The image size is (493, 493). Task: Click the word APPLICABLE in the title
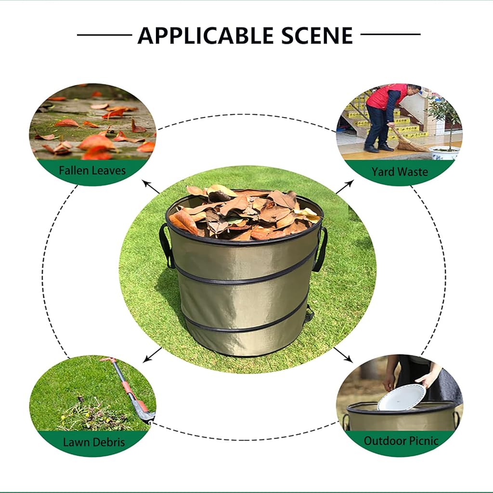(x=206, y=35)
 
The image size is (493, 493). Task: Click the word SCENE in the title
(x=317, y=35)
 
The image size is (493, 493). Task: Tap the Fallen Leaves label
(x=92, y=170)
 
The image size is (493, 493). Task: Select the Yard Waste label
(x=400, y=172)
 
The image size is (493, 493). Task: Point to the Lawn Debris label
(x=94, y=442)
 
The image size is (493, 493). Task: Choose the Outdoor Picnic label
(x=401, y=441)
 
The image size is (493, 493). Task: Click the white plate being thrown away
(x=402, y=397)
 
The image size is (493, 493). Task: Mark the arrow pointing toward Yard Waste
(x=345, y=187)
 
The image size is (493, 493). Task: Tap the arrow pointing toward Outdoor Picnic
(x=343, y=354)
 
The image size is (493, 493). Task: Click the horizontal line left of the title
(x=104, y=35)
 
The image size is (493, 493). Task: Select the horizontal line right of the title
(x=390, y=34)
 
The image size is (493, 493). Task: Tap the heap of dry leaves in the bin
(x=244, y=213)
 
